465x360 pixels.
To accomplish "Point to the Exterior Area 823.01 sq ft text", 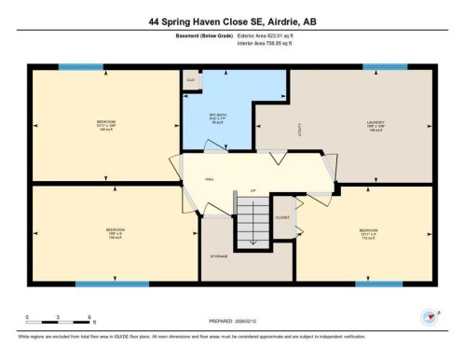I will tap(272, 35).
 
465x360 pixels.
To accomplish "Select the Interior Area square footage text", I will tap(271, 42).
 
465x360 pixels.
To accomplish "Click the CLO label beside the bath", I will tap(190, 80).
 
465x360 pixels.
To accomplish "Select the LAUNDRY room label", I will tap(376, 121).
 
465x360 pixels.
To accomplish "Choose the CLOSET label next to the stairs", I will tap(282, 216).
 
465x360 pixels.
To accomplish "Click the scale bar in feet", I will tap(58, 324).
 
